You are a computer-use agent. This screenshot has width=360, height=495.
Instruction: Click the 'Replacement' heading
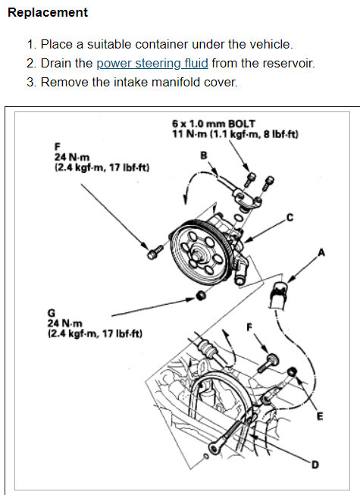point(48,12)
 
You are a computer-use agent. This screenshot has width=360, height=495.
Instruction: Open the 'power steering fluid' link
point(152,63)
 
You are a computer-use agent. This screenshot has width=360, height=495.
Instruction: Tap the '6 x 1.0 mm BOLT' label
point(213,124)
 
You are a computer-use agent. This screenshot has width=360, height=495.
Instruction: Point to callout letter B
point(204,155)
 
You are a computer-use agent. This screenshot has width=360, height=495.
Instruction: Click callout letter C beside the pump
point(290,218)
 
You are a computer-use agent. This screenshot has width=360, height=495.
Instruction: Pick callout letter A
point(321,253)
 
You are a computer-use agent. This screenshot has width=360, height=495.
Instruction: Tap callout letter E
point(320,417)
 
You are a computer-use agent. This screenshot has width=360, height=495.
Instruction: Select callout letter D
point(315,465)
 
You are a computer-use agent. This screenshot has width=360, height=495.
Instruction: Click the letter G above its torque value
point(51,313)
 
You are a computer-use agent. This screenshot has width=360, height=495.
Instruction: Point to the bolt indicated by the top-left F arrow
point(155,252)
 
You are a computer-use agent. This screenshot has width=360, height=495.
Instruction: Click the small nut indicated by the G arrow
point(200,296)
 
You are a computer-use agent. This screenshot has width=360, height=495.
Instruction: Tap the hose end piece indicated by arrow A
point(278,294)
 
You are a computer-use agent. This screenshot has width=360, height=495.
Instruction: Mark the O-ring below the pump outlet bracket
point(238,218)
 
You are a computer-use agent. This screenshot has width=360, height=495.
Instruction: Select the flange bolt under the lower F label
point(268,363)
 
